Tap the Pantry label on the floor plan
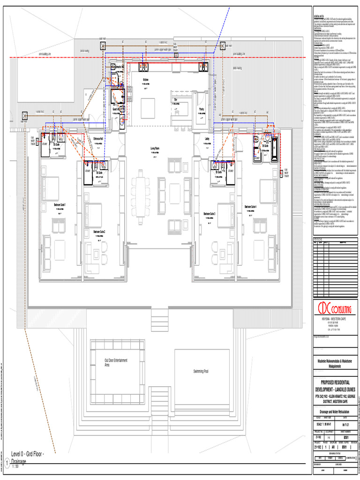tap(202, 109)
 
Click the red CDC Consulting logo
tap(335, 310)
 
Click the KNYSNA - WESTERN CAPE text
tap(335, 319)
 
